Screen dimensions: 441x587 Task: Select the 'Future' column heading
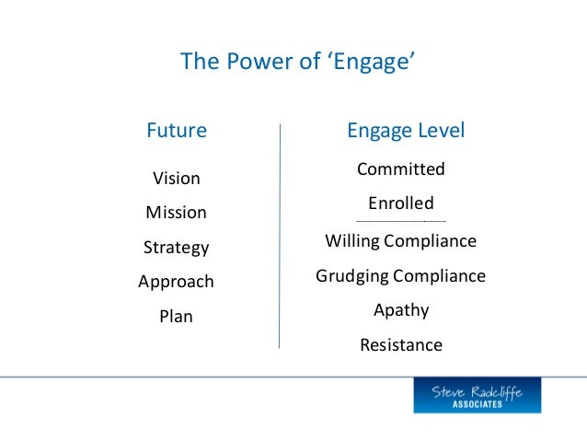tap(177, 131)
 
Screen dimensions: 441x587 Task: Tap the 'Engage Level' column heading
tap(405, 131)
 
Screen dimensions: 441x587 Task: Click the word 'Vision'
tap(176, 178)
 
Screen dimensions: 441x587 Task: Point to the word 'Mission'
tap(176, 213)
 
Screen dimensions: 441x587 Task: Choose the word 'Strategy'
tap(176, 248)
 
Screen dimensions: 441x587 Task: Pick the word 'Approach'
tap(176, 282)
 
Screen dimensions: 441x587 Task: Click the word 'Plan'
tap(176, 317)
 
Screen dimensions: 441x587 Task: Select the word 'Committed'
tap(400, 169)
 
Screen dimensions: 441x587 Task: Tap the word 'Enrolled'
tap(400, 203)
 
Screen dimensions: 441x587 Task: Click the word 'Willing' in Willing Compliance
tap(353, 241)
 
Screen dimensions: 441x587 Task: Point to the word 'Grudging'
tap(351, 276)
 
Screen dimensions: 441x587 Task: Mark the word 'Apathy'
tap(400, 310)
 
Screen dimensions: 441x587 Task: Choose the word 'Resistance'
tap(400, 345)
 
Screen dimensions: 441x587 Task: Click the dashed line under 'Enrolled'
tap(400, 222)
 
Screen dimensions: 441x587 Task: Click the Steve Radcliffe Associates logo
tap(477, 395)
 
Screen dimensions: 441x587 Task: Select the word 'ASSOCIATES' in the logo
tap(477, 404)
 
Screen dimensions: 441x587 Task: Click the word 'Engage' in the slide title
tap(370, 62)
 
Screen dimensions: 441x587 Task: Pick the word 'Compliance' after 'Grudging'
tap(439, 276)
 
